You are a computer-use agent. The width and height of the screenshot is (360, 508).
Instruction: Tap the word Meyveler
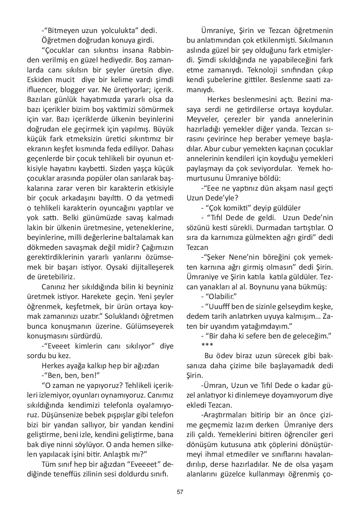point(202,119)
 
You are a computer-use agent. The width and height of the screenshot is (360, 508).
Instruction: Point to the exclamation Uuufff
point(218,307)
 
